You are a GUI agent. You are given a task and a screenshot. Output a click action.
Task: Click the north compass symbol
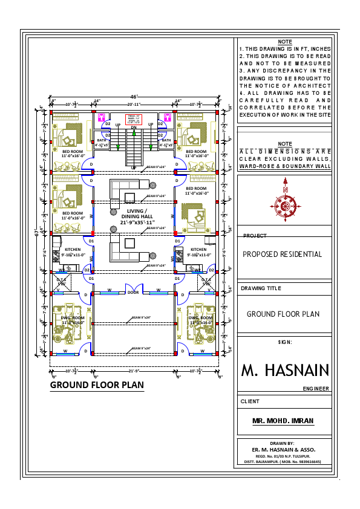point(284,206)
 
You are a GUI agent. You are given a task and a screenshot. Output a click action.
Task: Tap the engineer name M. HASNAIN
point(285,370)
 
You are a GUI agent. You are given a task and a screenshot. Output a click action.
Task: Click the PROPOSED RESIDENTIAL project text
point(283,254)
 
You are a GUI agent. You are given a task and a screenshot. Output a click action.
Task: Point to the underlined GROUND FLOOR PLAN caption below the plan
point(97,385)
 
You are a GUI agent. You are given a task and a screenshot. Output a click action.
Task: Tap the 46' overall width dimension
point(134,96)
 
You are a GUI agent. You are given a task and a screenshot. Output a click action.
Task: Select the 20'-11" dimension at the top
point(134,104)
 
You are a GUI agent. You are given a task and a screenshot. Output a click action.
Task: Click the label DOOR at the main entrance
point(133,293)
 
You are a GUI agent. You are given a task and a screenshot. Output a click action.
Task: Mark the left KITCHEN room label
point(73,249)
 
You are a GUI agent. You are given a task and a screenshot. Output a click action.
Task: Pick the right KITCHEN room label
point(198,249)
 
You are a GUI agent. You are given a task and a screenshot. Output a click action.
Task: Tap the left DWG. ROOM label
point(73,317)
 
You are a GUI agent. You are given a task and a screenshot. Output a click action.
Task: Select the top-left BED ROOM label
point(73,151)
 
